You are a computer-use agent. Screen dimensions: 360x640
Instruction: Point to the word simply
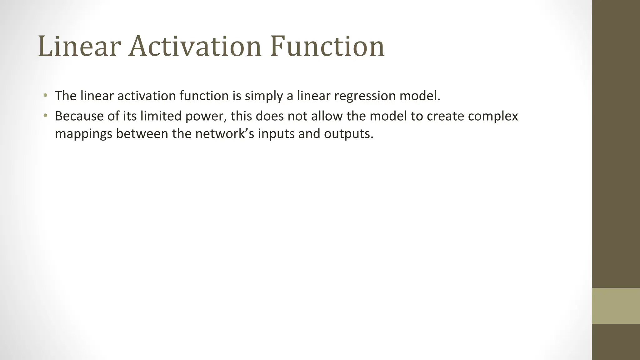pos(264,96)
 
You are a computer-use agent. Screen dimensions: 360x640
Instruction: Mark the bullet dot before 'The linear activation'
pos(46,95)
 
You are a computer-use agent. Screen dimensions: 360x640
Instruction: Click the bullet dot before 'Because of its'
pos(46,116)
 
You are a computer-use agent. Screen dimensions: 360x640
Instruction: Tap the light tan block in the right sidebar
pos(616,306)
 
